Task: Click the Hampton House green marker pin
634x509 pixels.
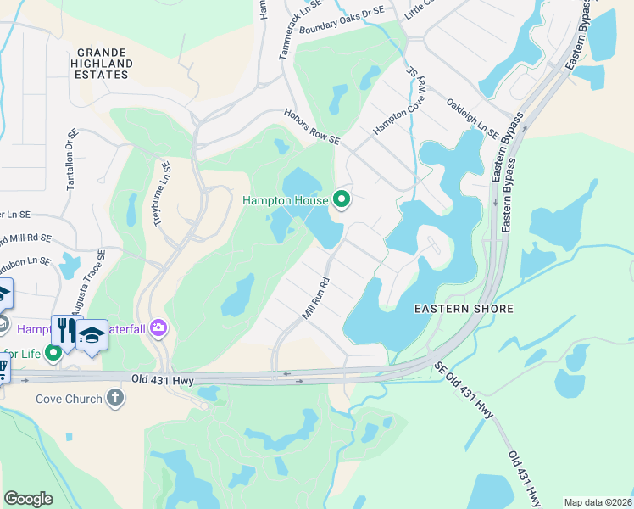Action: click(342, 199)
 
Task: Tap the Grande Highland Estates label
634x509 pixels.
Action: click(102, 63)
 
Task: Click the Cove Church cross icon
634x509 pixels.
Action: click(116, 398)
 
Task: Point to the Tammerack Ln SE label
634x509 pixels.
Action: click(288, 31)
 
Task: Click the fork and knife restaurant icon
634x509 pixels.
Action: click(64, 328)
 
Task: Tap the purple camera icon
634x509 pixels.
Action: click(158, 327)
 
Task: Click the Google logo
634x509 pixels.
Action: click(28, 499)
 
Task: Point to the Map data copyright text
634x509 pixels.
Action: click(597, 502)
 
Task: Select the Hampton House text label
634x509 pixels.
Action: click(286, 200)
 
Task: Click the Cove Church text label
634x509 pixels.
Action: click(69, 399)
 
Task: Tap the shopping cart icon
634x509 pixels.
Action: click(3, 368)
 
